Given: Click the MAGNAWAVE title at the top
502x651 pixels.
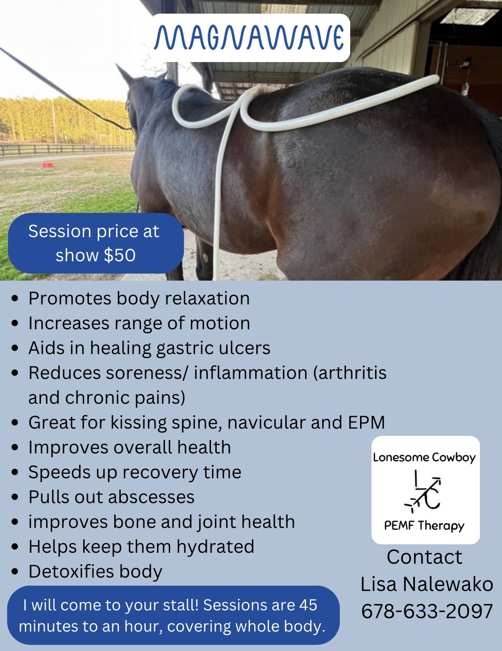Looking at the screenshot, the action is tap(249, 38).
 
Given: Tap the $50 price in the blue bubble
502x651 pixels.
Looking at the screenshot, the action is tap(120, 255).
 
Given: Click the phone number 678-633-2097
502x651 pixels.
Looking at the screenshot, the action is tap(427, 611).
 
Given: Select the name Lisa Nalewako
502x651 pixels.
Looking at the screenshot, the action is tap(427, 584).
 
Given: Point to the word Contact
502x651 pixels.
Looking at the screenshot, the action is tap(424, 557).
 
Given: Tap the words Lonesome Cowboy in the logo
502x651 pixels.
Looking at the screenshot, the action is tap(424, 457).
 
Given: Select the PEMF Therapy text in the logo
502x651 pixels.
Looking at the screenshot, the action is tap(424, 526).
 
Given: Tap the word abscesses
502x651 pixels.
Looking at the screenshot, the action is tap(151, 497).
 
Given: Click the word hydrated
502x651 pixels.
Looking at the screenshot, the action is tap(215, 547).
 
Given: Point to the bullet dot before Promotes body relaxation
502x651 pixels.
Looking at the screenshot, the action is tap(15, 298).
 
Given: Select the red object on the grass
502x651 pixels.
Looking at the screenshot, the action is tap(47, 165).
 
